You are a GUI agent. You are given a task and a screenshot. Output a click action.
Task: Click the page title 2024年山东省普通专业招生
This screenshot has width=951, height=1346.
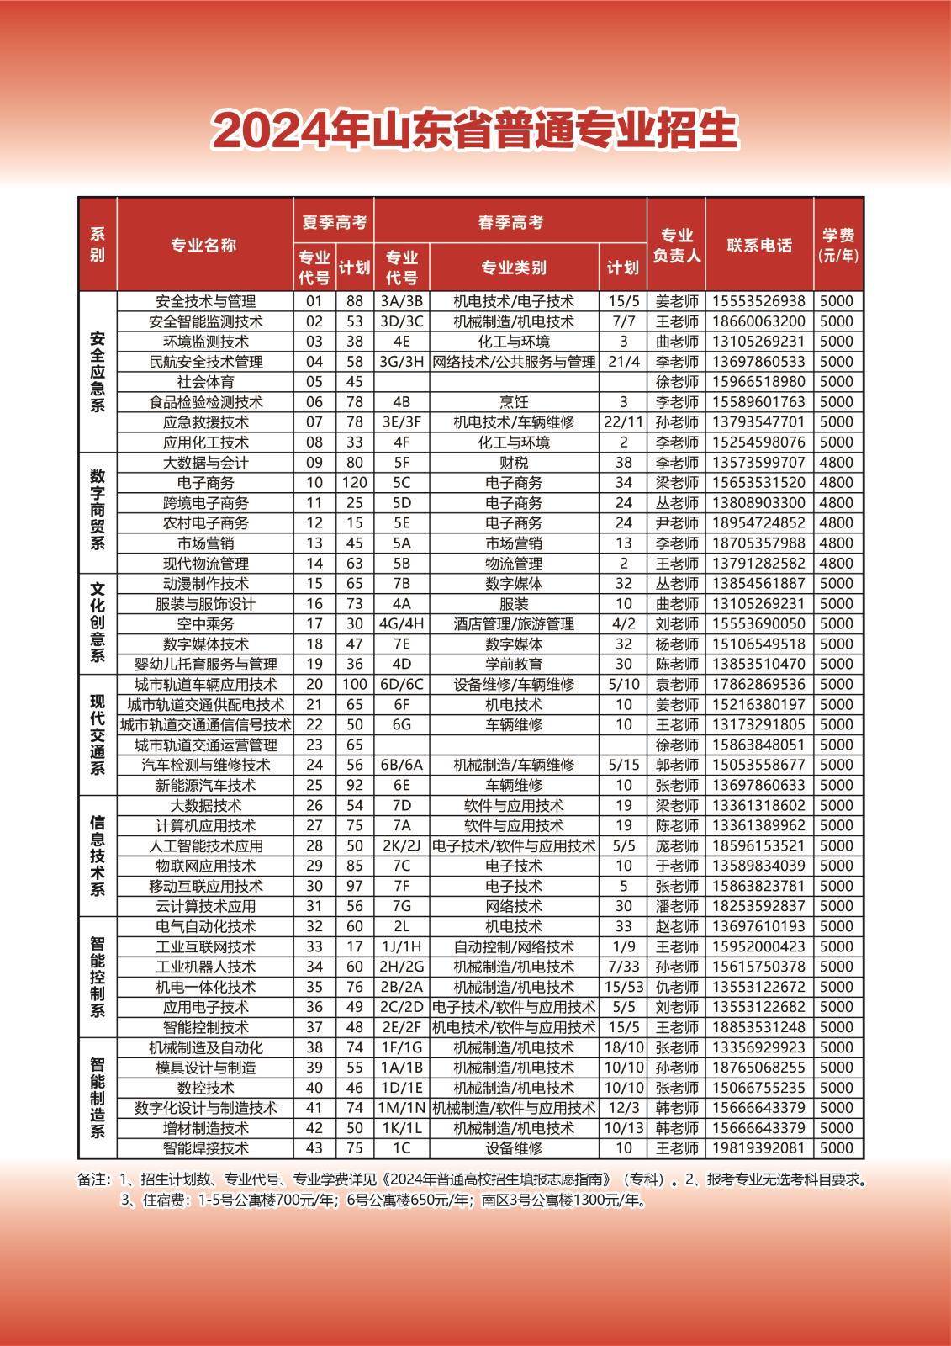pyautogui.click(x=475, y=130)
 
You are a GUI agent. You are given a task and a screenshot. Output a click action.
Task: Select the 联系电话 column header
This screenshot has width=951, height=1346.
pyautogui.click(x=759, y=245)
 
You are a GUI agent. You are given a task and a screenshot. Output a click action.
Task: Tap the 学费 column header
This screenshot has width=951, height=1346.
pyautogui.click(x=838, y=245)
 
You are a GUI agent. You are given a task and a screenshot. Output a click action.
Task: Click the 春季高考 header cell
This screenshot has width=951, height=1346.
pyautogui.click(x=510, y=222)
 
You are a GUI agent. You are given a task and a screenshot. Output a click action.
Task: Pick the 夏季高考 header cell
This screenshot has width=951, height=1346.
pyautogui.click(x=334, y=222)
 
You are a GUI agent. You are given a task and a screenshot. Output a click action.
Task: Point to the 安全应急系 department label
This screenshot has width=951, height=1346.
pyautogui.click(x=98, y=371)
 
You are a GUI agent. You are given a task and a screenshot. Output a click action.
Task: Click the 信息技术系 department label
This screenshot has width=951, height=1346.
pyautogui.click(x=98, y=856)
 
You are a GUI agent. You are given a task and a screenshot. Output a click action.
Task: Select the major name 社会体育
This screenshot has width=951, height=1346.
pyautogui.click(x=206, y=382)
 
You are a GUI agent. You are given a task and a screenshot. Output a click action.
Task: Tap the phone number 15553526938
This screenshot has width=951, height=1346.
pyautogui.click(x=759, y=301)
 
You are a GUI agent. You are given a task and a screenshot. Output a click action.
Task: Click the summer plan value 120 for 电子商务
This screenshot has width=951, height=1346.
pyautogui.click(x=355, y=483)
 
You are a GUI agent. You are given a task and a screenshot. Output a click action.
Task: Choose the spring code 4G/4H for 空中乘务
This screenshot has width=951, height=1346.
pyautogui.click(x=402, y=624)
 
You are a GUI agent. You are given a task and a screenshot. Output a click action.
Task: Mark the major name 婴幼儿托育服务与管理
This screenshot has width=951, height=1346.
pyautogui.click(x=206, y=665)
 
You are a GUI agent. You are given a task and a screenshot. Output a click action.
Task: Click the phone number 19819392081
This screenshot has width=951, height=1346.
pyautogui.click(x=759, y=1148)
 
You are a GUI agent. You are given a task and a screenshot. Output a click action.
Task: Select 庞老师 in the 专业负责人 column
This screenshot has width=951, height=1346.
pyautogui.click(x=677, y=846)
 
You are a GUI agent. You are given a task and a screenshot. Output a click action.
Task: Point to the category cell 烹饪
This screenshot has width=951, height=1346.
pyautogui.click(x=514, y=402)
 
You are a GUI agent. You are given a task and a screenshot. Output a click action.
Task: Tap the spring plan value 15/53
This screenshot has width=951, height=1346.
pyautogui.click(x=623, y=987)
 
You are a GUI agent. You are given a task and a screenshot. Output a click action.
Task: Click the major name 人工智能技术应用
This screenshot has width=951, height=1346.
pyautogui.click(x=206, y=846)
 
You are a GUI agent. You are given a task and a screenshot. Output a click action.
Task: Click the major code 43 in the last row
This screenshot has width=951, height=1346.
pyautogui.click(x=314, y=1148)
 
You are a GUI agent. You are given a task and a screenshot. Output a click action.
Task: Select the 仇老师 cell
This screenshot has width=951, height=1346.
pyautogui.click(x=677, y=987)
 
